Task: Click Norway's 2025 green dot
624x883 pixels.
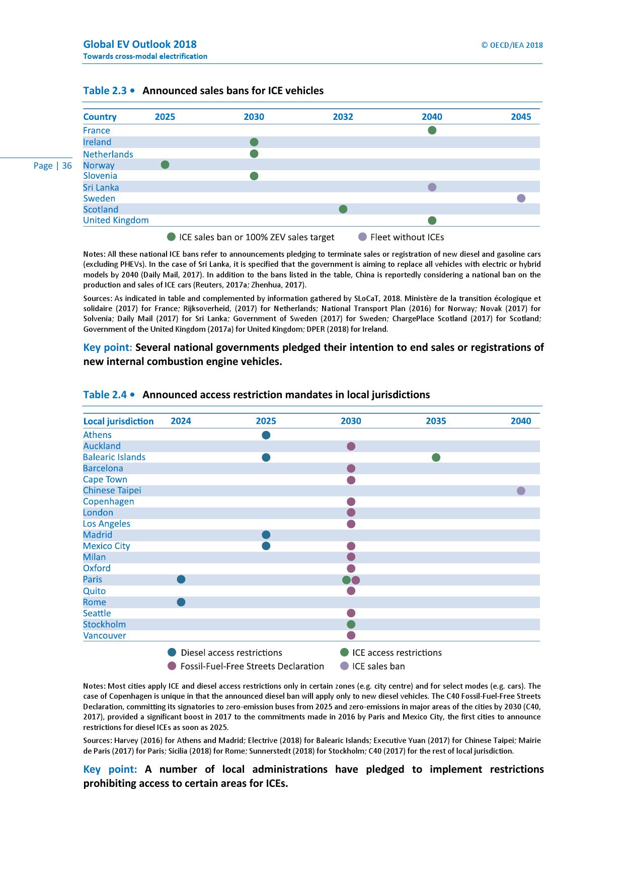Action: click(165, 165)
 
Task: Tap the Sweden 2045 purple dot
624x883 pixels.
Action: click(521, 198)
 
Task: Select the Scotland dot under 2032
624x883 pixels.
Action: click(343, 209)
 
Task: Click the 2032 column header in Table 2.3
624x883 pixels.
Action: click(343, 117)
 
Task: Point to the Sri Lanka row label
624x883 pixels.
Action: click(101, 187)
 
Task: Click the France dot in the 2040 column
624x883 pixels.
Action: click(432, 130)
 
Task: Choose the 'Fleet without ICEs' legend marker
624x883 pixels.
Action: click(362, 237)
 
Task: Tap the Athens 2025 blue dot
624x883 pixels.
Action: click(266, 435)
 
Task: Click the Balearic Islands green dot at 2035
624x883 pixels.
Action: click(436, 457)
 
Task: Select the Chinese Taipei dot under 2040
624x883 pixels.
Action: click(521, 490)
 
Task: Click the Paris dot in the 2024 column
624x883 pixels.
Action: click(181, 579)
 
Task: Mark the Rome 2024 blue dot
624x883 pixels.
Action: click(181, 602)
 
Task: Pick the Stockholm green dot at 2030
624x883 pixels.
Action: click(351, 624)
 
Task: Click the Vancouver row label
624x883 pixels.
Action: click(105, 635)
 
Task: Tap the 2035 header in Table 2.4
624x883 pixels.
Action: click(436, 421)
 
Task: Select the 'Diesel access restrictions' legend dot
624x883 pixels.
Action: click(172, 652)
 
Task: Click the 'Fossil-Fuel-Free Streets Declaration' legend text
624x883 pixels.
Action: click(252, 666)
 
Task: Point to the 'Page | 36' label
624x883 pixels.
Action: click(52, 166)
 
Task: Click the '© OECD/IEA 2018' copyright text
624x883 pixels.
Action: click(512, 45)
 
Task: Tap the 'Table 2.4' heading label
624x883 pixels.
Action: click(105, 395)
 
